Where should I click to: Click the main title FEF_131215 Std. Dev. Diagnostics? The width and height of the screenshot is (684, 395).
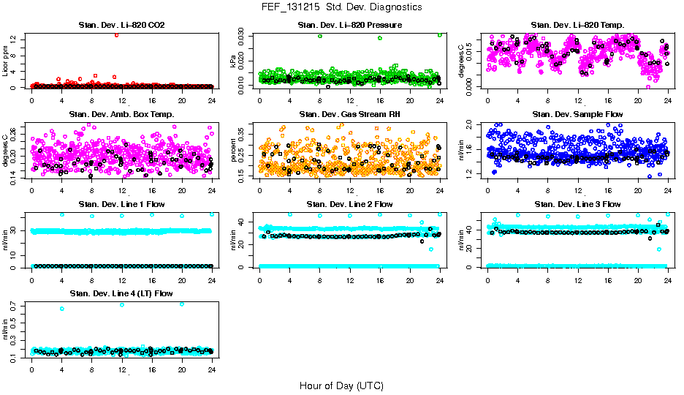coord(341,7)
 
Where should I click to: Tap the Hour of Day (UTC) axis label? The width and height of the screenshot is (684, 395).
coord(341,385)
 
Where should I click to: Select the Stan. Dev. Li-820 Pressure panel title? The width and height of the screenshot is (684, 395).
coord(349,26)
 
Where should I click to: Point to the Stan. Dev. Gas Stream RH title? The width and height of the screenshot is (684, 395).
coord(349,114)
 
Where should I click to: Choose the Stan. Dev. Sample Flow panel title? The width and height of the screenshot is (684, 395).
coord(577,114)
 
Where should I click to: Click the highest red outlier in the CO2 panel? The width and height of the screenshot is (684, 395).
coord(116,35)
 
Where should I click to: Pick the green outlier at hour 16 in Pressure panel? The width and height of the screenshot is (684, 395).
coord(380,39)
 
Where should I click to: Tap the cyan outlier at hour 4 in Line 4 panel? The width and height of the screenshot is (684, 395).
coord(61,309)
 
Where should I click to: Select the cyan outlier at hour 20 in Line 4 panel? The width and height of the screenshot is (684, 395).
coord(182,304)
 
